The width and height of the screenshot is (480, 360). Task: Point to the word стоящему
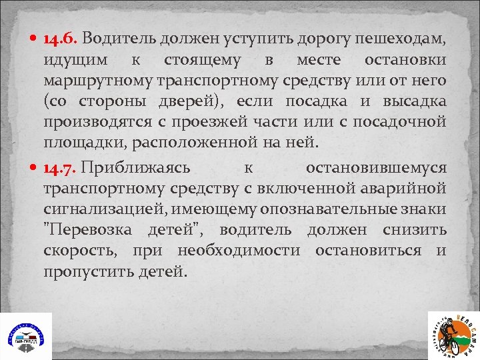click(x=202, y=61)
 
